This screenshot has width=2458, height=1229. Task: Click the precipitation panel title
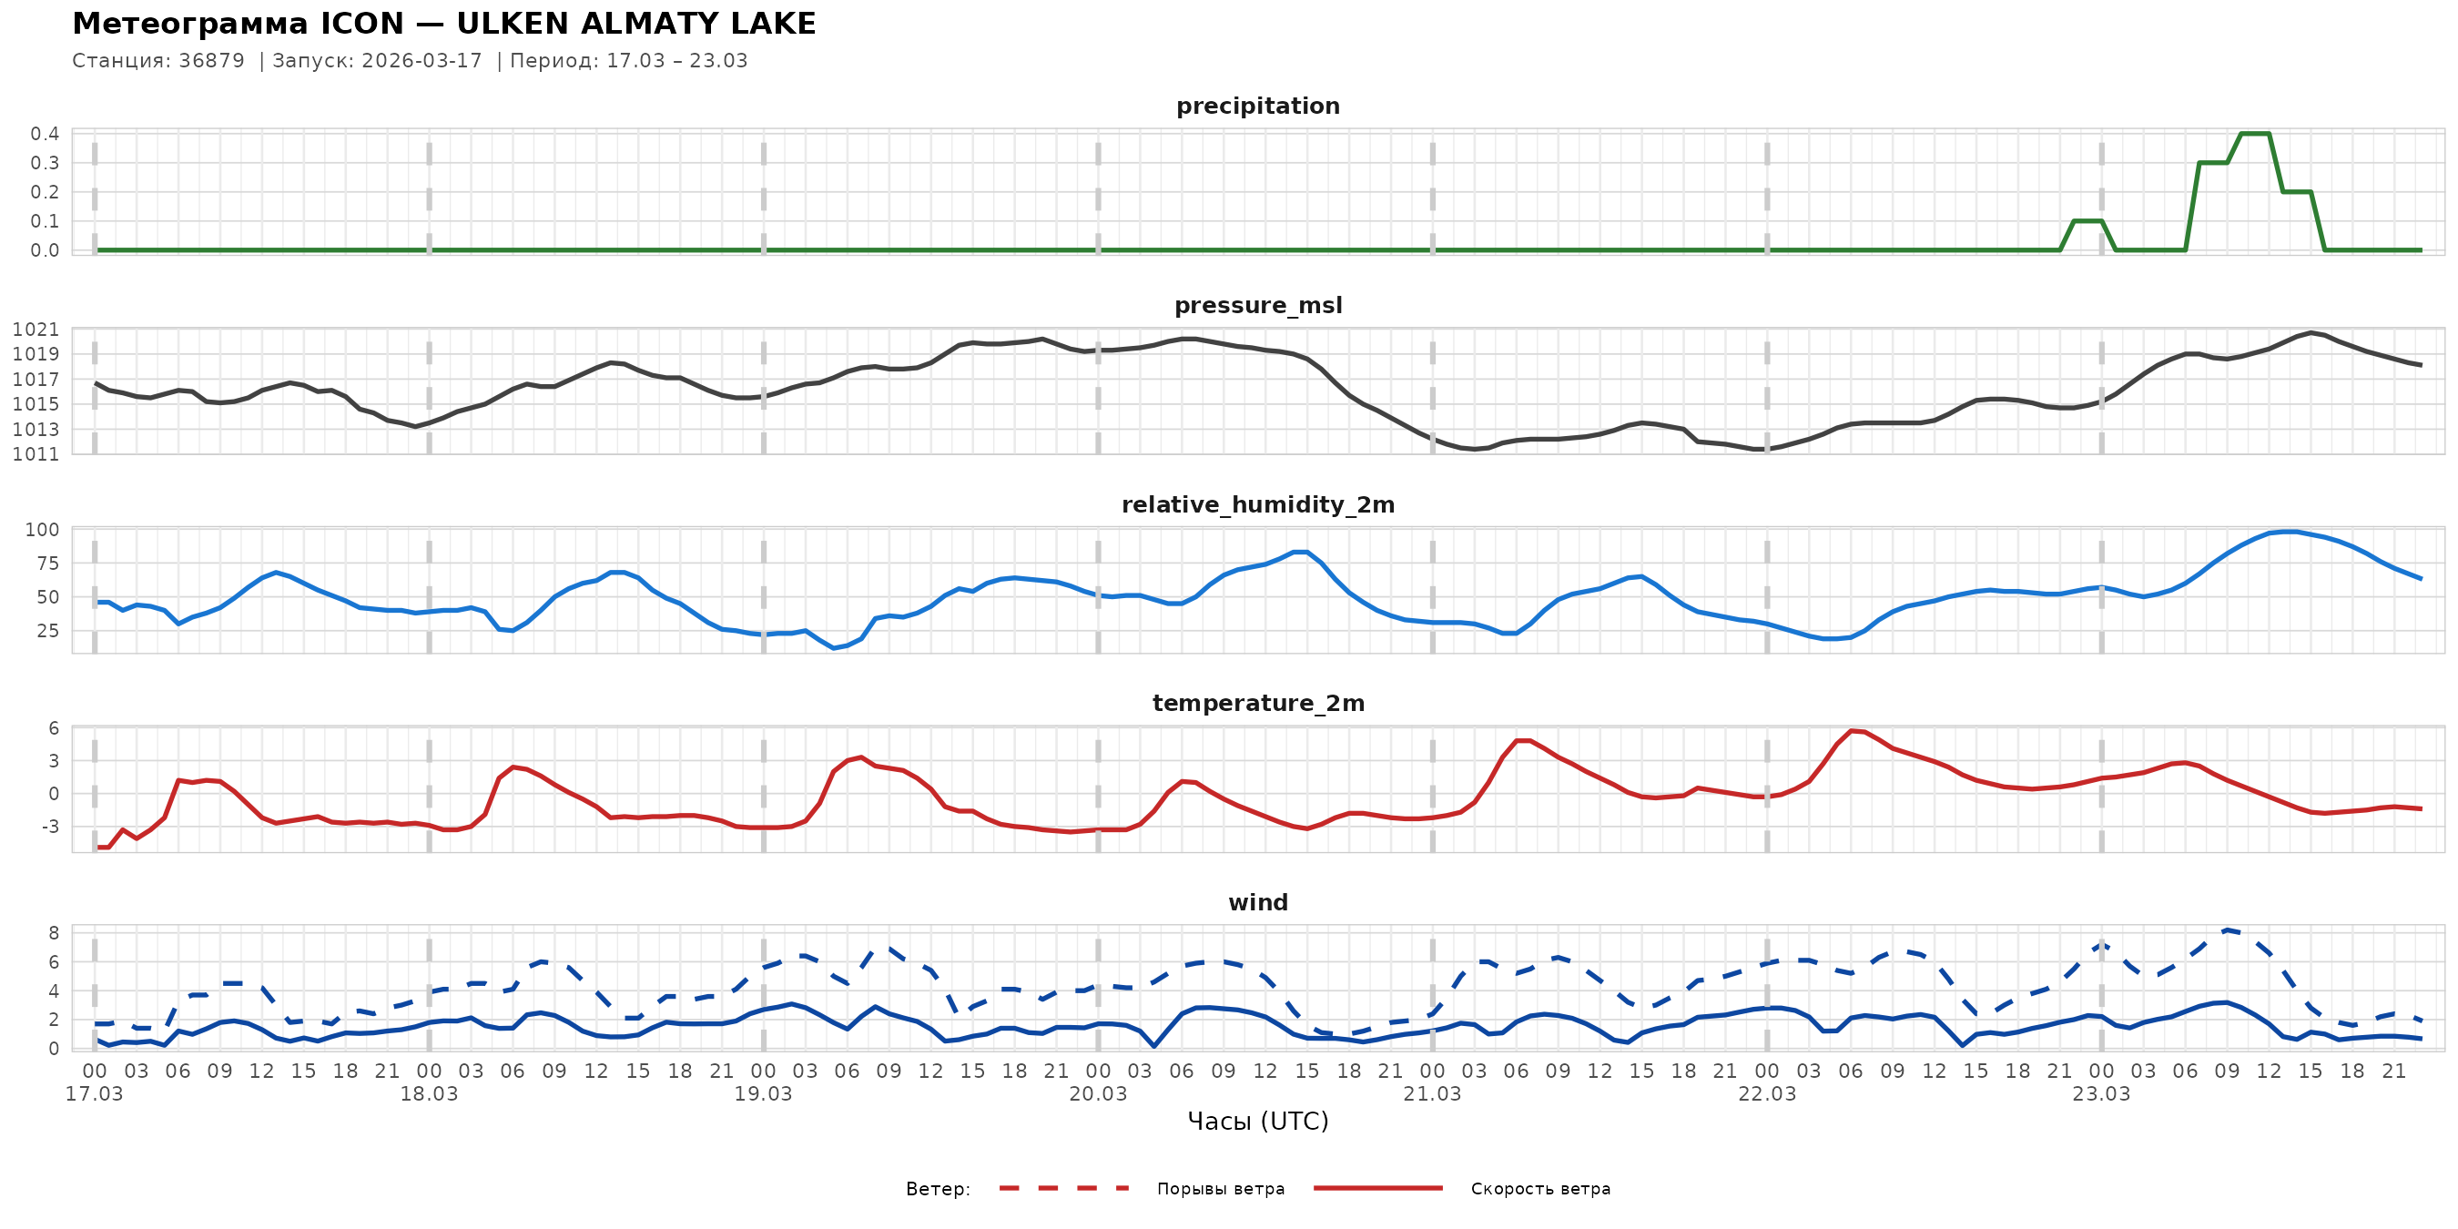(1257, 106)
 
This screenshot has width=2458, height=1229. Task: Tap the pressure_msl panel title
(1257, 305)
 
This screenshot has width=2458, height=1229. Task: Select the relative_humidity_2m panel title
(1257, 504)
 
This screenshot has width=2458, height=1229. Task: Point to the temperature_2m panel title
(1257, 703)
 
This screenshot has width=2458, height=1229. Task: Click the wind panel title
(1257, 903)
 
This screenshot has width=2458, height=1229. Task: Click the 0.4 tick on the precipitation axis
(44, 134)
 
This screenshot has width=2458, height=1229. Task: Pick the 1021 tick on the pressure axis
(36, 330)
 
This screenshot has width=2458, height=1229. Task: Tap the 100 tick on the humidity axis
(42, 530)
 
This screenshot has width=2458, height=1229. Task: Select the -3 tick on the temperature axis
(48, 827)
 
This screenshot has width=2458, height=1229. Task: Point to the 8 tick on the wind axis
(54, 932)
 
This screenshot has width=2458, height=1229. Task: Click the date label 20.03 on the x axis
(1097, 1093)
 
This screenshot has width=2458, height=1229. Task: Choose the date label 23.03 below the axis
(2101, 1093)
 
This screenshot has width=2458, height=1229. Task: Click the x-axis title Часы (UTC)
(1257, 1122)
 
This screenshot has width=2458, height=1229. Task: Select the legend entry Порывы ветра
(1221, 1189)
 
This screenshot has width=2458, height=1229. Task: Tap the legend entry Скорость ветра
(1540, 1189)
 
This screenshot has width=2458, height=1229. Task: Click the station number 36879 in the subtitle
(211, 61)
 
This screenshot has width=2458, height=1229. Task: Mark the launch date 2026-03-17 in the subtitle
(422, 61)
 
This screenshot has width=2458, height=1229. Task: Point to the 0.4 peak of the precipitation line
(2254, 134)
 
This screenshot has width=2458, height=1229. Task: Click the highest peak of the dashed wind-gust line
(2227, 929)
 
